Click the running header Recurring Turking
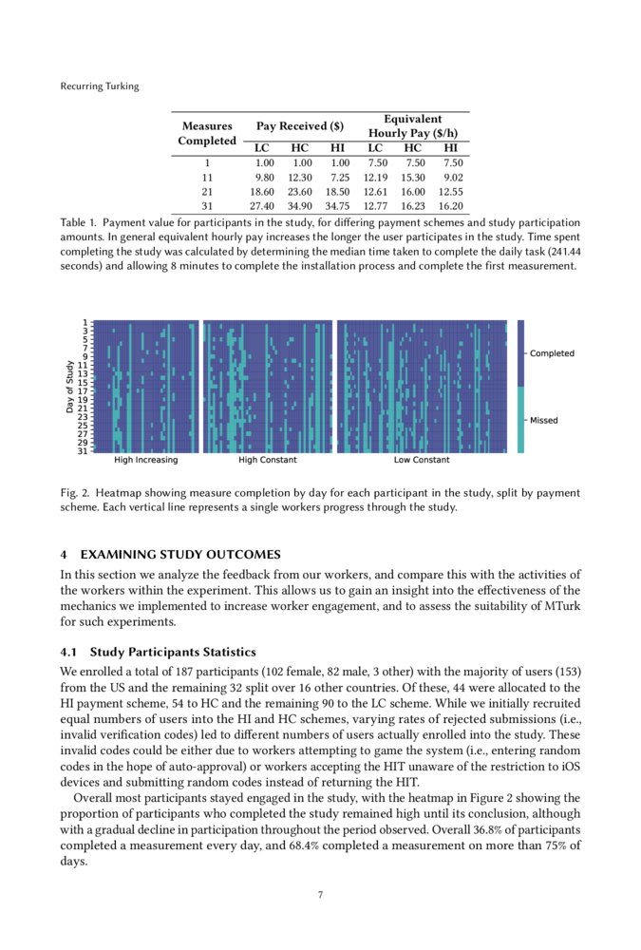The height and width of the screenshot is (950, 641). (99, 86)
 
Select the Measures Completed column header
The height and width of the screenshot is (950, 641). (207, 133)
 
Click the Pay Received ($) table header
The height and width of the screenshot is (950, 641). (299, 126)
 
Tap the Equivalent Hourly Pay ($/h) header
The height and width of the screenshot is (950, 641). (412, 126)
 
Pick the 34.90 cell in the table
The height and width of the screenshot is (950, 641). (299, 205)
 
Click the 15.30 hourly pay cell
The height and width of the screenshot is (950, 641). (412, 177)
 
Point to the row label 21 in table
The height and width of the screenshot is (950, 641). (207, 191)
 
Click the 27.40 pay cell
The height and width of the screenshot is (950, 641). (261, 205)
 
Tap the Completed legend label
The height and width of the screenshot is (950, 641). (552, 353)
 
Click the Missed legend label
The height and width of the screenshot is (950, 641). (544, 420)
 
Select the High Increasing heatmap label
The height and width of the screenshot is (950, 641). (145, 460)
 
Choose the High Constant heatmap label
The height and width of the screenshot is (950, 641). (268, 460)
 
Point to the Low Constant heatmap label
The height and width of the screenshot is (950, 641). (422, 460)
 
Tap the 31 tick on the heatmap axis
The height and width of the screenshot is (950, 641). (84, 451)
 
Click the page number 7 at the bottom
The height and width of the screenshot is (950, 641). (320, 894)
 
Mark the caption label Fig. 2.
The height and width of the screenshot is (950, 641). (74, 493)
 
